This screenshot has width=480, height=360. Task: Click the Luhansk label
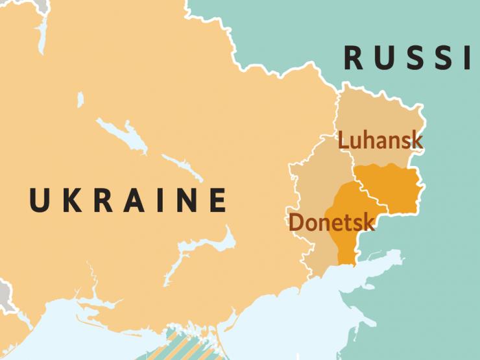click(380, 140)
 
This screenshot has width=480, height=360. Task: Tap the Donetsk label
click(331, 222)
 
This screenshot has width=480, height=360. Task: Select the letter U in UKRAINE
click(40, 200)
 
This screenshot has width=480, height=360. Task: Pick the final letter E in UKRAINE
click(218, 200)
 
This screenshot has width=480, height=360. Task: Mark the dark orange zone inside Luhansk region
click(389, 188)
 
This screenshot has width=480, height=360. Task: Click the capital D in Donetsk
click(296, 222)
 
